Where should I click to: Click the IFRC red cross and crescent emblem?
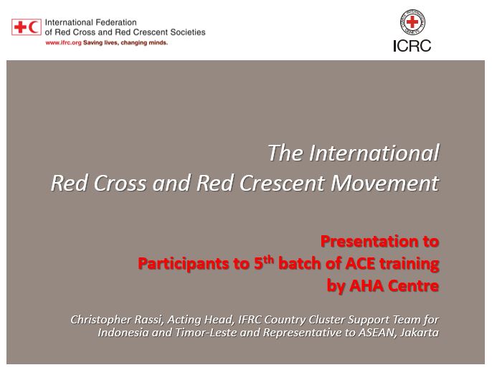point(27,27)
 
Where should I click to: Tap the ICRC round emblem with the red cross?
point(412,22)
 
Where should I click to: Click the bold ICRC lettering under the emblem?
point(412,46)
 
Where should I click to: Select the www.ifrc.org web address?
point(63,43)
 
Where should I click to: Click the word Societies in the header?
point(188,32)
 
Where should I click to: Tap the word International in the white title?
point(374,153)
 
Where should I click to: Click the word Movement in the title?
point(385,183)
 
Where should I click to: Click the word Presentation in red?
point(367,242)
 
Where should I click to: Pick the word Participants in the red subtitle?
point(184,264)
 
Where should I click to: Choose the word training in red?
point(409,265)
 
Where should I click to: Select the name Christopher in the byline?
point(101,320)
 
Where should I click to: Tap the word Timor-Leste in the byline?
point(206,333)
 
